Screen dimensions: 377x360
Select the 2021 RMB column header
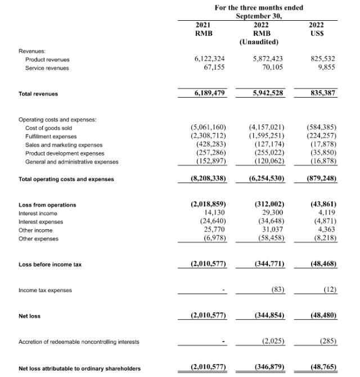(202, 29)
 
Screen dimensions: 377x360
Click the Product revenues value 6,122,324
(209, 58)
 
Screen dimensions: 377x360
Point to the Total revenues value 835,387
(323, 93)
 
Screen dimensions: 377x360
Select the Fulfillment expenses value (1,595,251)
(266, 136)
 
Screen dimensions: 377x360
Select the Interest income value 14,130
(214, 213)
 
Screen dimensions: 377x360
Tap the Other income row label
(35, 230)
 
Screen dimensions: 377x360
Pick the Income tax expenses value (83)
(276, 290)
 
